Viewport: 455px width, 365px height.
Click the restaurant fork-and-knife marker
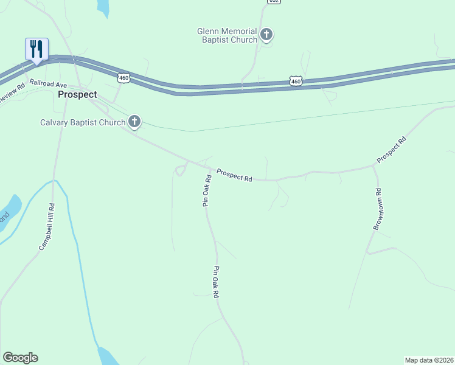click(36, 49)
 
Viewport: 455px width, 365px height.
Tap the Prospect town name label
click(77, 95)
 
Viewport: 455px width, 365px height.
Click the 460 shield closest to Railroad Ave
click(123, 78)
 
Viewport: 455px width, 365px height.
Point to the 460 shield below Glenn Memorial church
click(296, 80)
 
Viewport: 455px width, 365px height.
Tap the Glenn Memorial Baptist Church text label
click(227, 35)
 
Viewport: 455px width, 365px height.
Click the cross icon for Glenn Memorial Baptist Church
click(266, 35)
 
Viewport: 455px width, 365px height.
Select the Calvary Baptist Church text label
click(83, 122)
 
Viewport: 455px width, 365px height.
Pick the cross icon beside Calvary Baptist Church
click(134, 122)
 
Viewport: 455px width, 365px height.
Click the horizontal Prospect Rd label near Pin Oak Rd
click(234, 176)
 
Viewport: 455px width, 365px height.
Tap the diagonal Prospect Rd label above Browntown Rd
click(391, 150)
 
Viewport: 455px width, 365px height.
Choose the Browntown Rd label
click(377, 209)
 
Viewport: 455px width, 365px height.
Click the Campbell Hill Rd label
click(47, 227)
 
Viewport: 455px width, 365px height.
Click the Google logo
click(20, 358)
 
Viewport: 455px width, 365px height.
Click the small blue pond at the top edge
click(103, 7)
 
